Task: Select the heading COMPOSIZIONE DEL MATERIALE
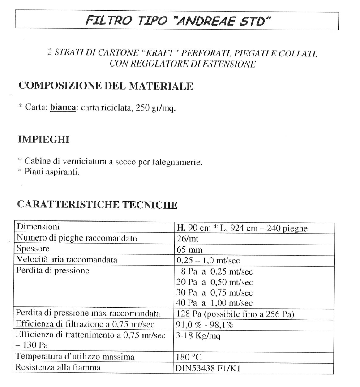tap(105, 86)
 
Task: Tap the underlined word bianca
tap(62, 108)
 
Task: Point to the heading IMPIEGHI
tap(43, 139)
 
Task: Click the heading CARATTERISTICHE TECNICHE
tap(97, 205)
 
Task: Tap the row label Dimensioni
tap(38, 228)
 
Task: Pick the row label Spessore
tap(33, 249)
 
